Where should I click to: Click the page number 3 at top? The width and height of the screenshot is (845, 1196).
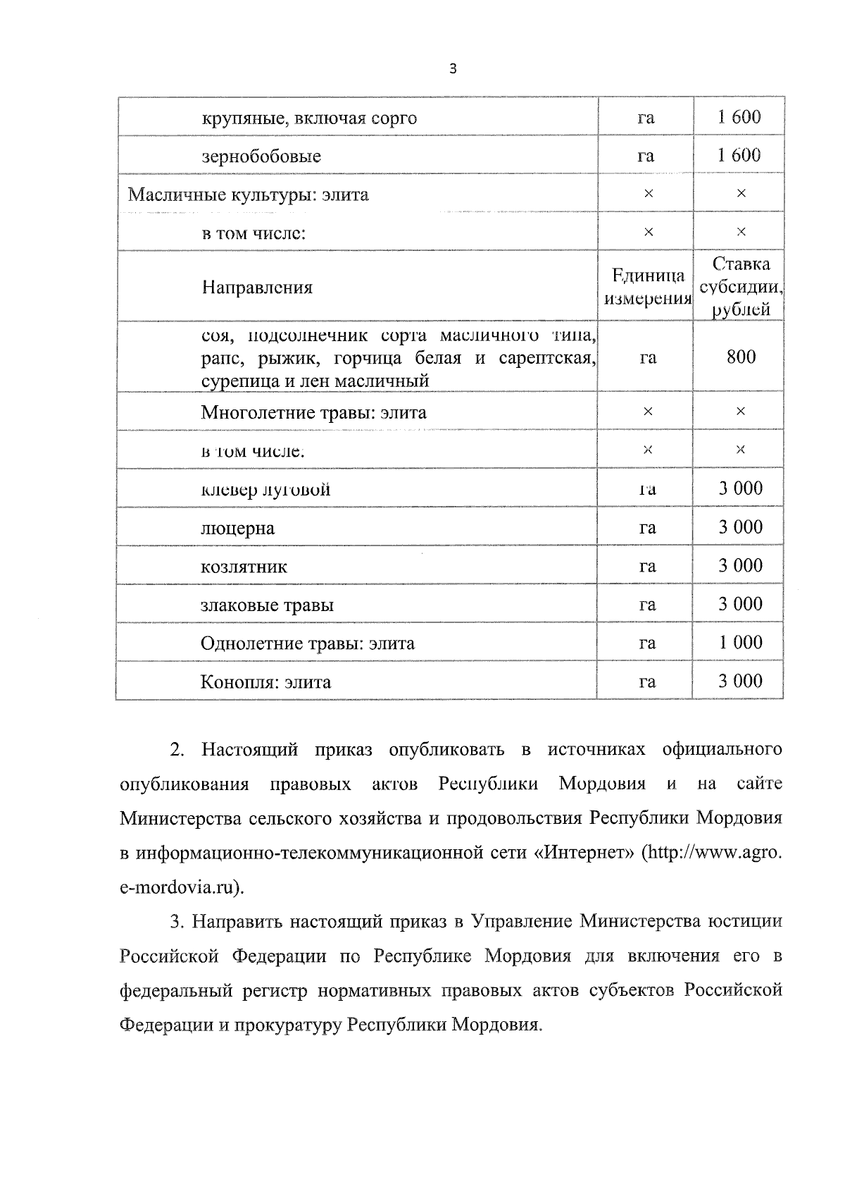click(x=453, y=69)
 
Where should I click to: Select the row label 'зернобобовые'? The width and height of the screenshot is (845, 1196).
click(x=261, y=156)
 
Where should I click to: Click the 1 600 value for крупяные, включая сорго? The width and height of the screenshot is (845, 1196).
click(x=739, y=117)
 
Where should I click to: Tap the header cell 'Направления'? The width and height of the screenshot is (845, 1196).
click(x=257, y=288)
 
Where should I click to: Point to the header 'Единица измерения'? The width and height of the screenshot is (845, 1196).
click(x=647, y=287)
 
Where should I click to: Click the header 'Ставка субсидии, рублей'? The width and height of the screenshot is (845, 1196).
click(x=740, y=287)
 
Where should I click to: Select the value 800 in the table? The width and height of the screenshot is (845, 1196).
click(x=741, y=357)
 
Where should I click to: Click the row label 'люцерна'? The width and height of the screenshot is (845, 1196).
click(x=237, y=529)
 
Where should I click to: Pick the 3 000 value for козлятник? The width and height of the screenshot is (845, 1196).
click(x=740, y=566)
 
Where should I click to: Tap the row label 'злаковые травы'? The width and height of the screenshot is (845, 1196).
click(x=267, y=605)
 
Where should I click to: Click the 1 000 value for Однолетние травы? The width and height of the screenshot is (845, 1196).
click(x=740, y=643)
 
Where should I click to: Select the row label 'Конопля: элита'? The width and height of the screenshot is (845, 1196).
click(x=265, y=682)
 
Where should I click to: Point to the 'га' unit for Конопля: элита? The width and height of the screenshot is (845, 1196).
click(x=646, y=682)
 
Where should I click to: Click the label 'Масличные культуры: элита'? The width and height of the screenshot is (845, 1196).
click(x=248, y=195)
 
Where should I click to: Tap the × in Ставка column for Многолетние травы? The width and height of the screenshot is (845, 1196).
click(x=740, y=412)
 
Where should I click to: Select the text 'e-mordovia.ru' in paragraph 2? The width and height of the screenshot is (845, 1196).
click(x=180, y=887)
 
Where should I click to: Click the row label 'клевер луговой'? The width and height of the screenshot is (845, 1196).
click(x=265, y=490)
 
